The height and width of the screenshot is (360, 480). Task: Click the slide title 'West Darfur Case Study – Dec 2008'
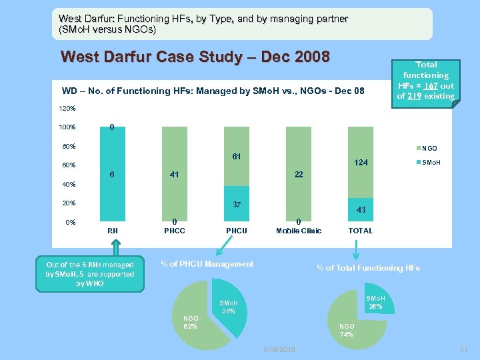(x=195, y=57)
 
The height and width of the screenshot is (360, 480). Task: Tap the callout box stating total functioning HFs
(x=425, y=80)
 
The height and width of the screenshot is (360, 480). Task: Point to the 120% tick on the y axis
(x=67, y=108)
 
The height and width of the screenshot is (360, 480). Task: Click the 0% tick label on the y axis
(x=69, y=223)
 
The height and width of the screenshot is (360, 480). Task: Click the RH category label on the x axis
(x=113, y=231)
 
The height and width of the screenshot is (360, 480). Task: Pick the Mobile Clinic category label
(x=299, y=231)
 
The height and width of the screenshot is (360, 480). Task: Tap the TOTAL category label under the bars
(x=361, y=231)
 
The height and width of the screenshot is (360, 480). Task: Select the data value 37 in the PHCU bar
(x=237, y=204)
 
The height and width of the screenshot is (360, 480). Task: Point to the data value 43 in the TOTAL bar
(x=361, y=210)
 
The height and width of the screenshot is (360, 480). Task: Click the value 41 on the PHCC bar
(x=174, y=175)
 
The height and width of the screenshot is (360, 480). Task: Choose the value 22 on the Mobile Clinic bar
(x=299, y=175)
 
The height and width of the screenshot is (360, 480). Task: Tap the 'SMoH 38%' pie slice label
(x=229, y=307)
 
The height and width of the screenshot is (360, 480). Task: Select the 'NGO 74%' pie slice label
(x=347, y=330)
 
